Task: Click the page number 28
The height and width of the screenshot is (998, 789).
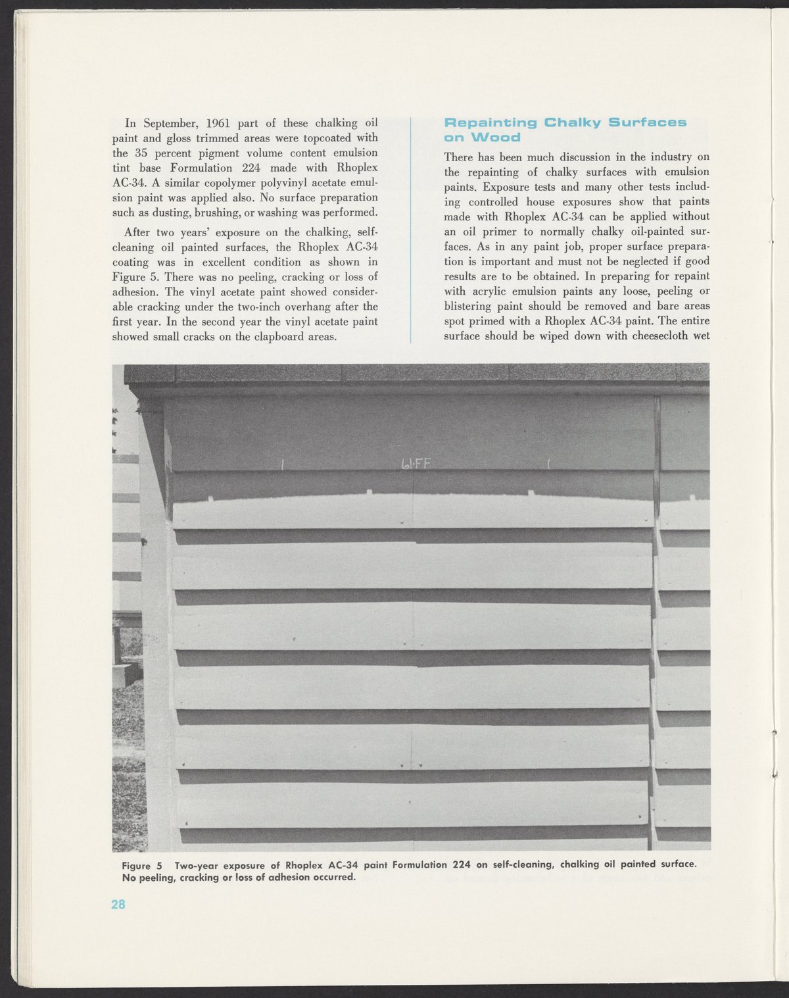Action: coord(118,904)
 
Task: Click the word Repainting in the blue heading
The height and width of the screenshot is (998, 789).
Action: coord(491,122)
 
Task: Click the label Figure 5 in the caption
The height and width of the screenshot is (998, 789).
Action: coord(141,863)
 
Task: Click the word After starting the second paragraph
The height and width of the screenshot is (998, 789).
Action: coord(137,232)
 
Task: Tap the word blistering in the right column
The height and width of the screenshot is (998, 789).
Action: coord(469,306)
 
